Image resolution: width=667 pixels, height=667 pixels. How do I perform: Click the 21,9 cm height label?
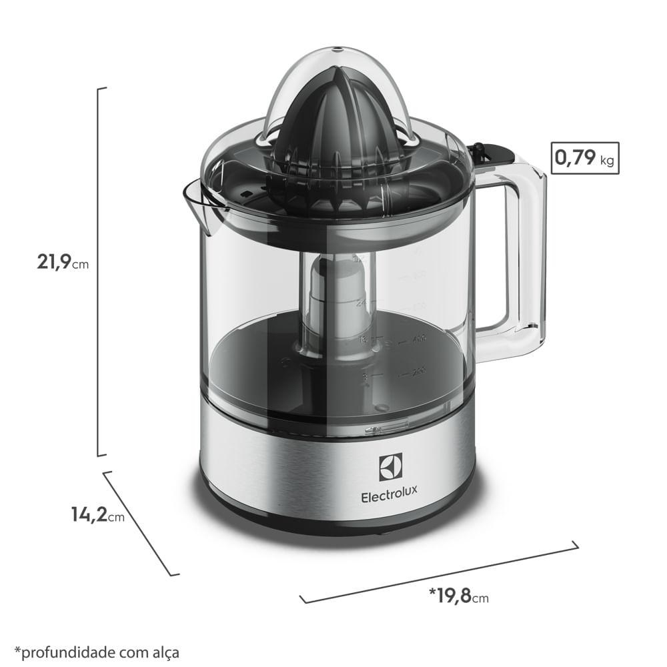coord(62,262)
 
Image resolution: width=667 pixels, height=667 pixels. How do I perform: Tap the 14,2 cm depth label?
coord(97,514)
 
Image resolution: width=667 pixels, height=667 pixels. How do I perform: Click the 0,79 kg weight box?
coord(585,159)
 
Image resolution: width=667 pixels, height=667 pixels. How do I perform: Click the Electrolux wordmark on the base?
coord(390,496)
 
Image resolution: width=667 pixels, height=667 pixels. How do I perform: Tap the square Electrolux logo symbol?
coord(391,468)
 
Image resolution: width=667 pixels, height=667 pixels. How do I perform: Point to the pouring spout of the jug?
coord(200,203)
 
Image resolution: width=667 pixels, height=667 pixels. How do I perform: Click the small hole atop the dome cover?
coord(335,49)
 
